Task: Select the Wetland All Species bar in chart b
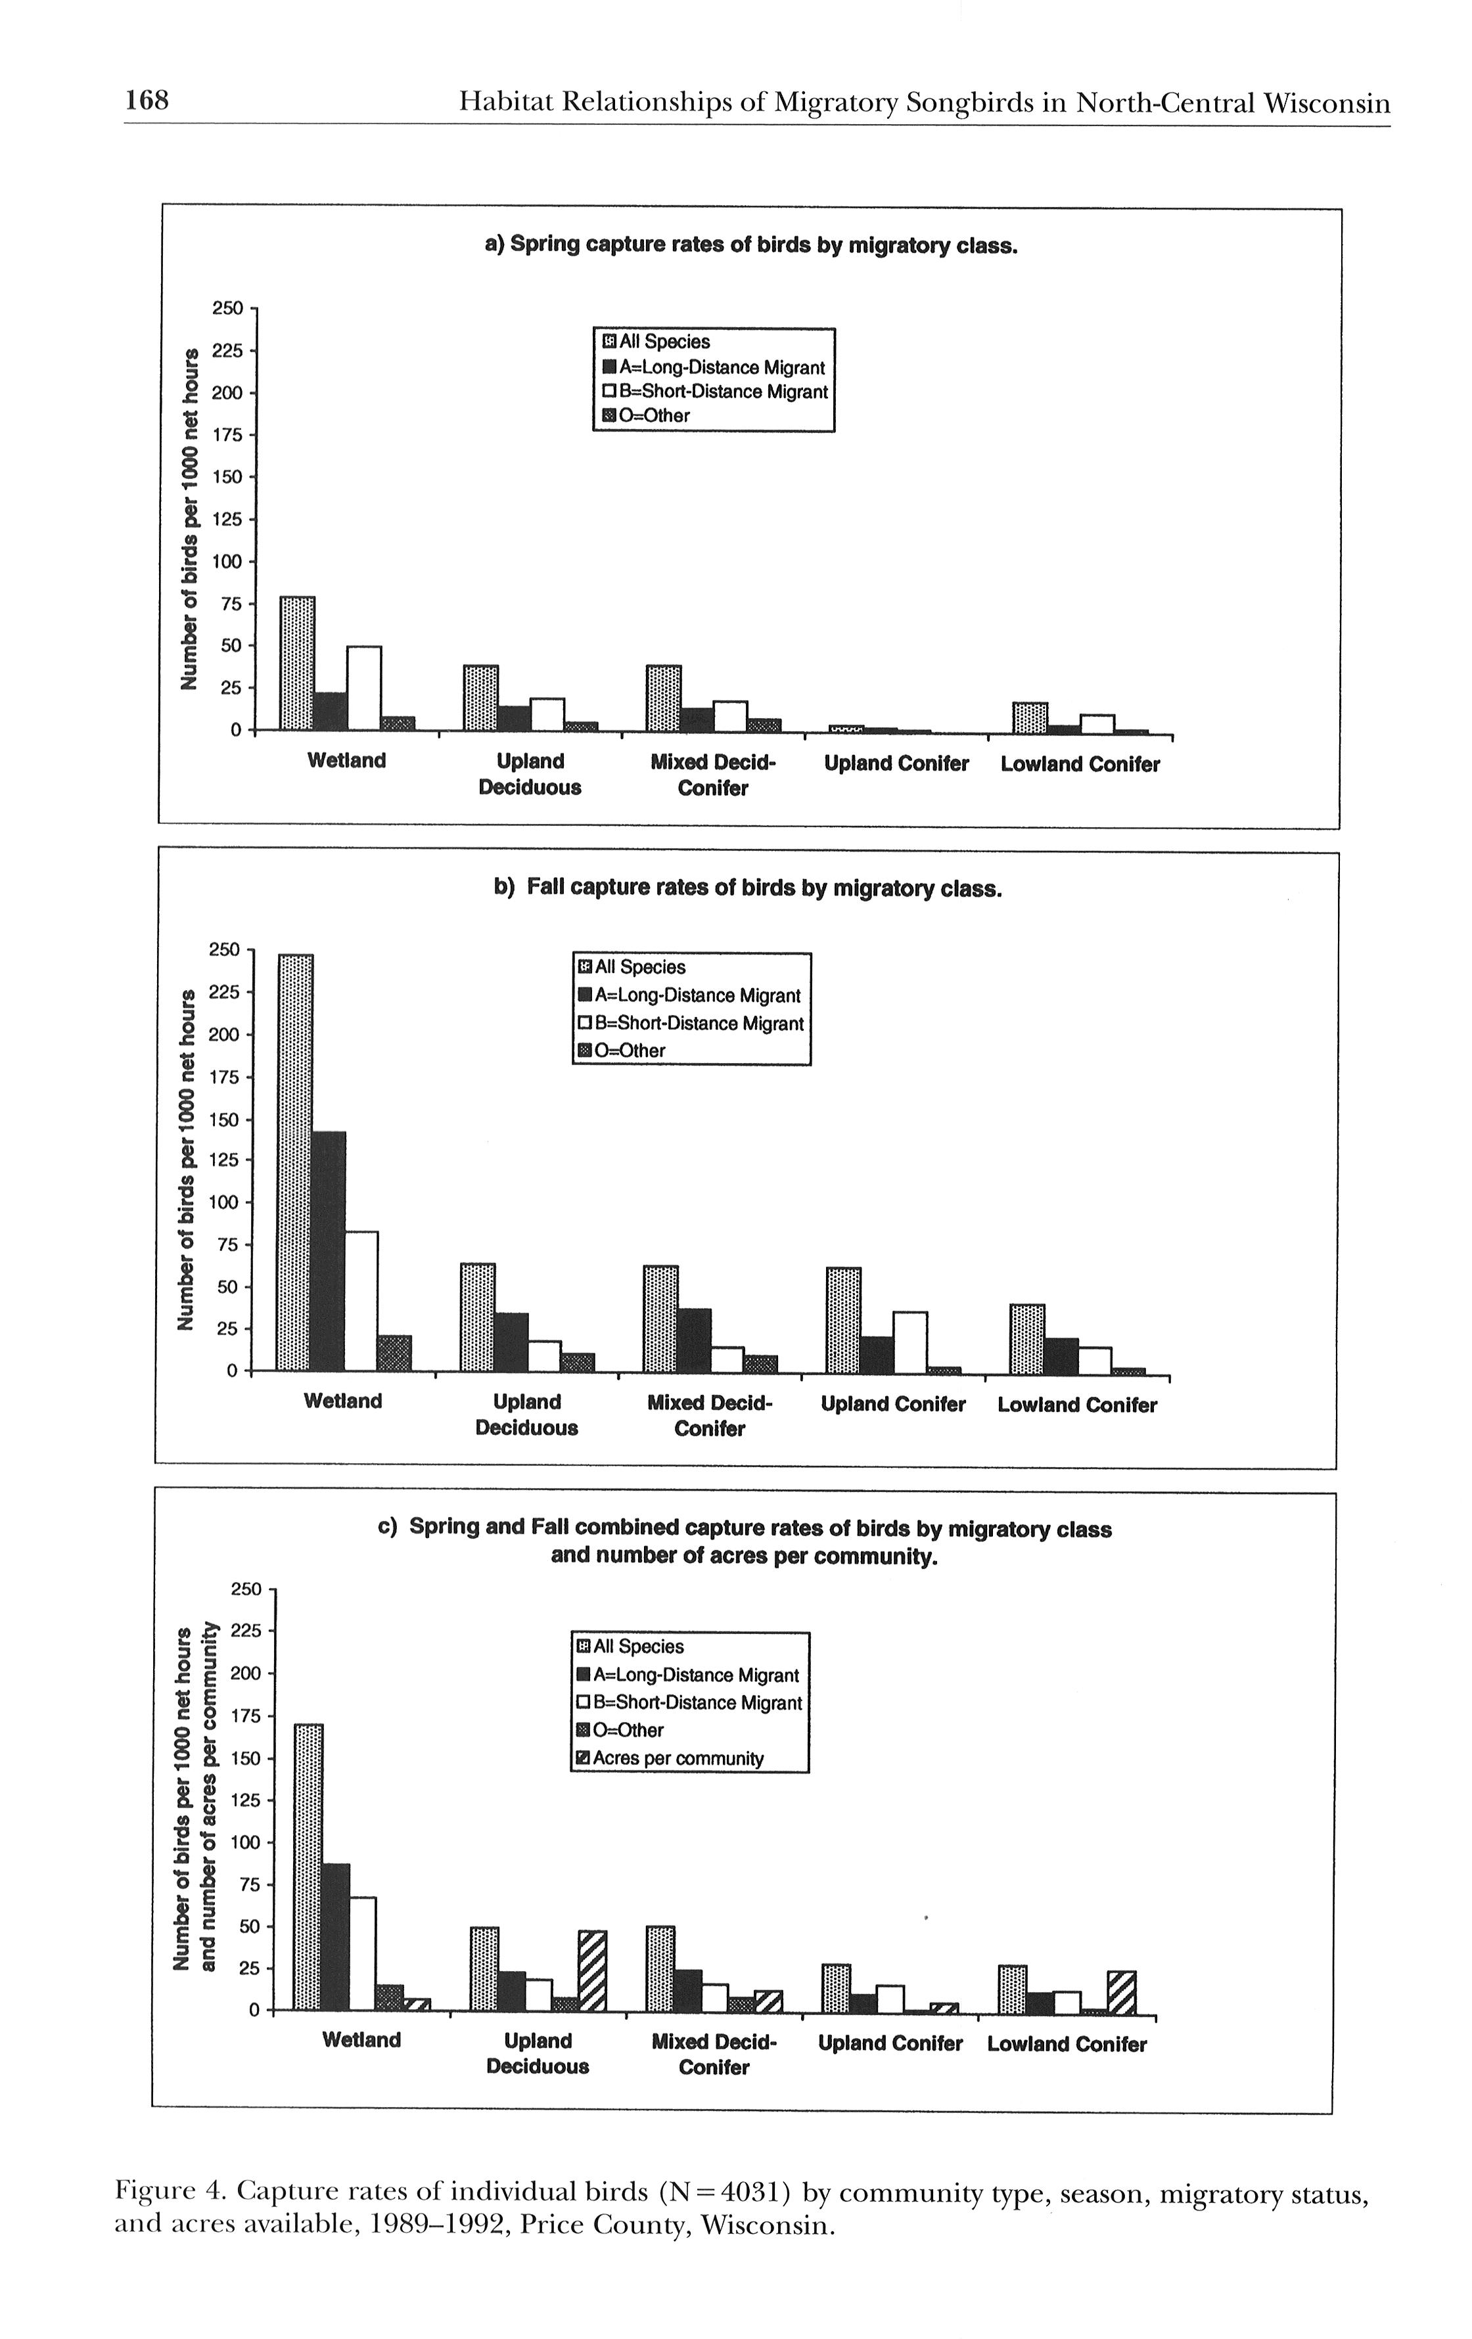(295, 1162)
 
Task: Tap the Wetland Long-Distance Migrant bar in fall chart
(329, 1251)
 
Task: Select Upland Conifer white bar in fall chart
(909, 1342)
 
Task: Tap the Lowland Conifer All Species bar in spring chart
(1030, 717)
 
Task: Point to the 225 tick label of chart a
(227, 351)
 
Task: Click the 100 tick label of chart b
(223, 1202)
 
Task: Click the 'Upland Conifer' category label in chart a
(896, 763)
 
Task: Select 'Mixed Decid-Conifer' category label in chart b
(709, 1415)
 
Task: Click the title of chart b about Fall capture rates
(747, 889)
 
